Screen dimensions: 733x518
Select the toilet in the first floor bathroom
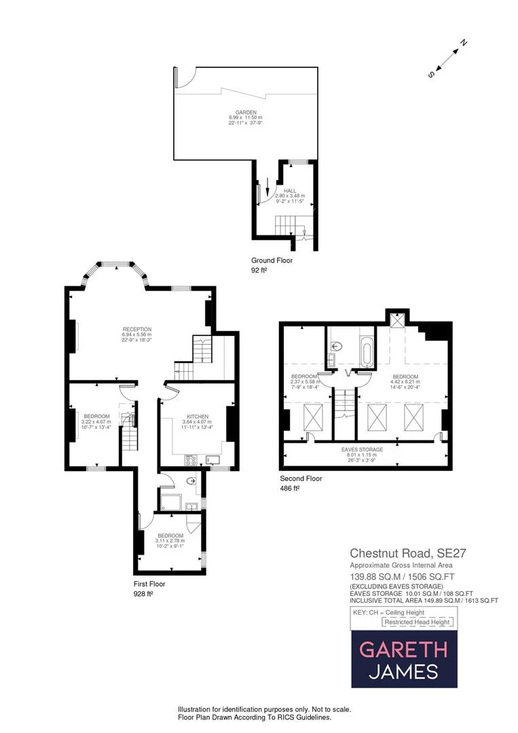click(x=191, y=483)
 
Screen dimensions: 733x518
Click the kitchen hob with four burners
click(x=190, y=460)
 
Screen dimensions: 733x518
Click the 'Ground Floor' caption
click(x=272, y=261)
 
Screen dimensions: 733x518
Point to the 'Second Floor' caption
click(x=301, y=478)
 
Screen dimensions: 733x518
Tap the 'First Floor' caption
click(x=149, y=584)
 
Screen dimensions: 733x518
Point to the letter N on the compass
click(x=464, y=43)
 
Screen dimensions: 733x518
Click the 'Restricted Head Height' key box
click(x=416, y=622)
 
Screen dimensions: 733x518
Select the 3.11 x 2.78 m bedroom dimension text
click(x=169, y=540)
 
